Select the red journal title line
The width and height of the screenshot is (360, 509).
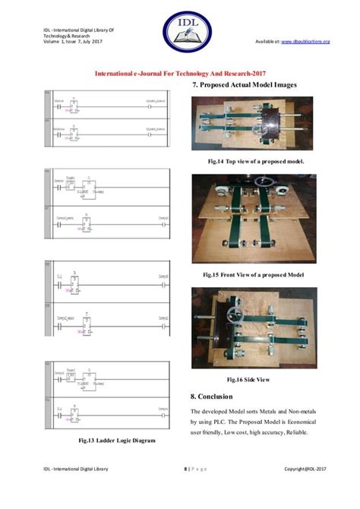click(179, 74)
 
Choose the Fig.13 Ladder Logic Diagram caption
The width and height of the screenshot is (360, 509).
click(113, 440)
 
